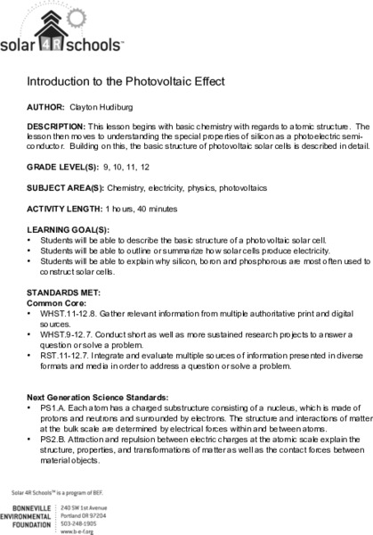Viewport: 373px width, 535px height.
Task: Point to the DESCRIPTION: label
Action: [x=56, y=128]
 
